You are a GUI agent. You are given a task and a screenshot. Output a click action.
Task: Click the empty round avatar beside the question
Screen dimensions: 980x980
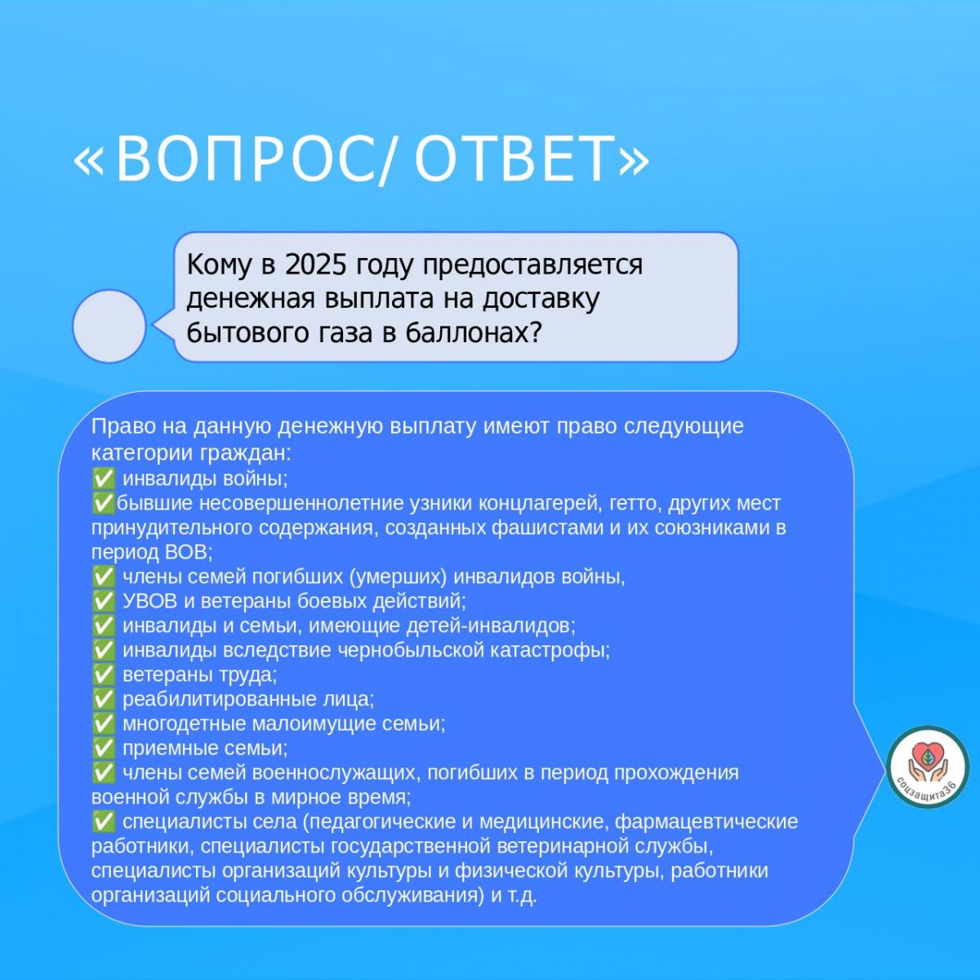[x=109, y=326]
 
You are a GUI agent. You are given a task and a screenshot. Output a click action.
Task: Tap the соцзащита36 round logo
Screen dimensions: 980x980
[x=928, y=767]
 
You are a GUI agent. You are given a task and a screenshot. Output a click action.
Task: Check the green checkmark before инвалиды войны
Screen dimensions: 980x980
[x=103, y=479]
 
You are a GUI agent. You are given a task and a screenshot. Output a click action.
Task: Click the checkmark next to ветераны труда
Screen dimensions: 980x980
[x=103, y=675]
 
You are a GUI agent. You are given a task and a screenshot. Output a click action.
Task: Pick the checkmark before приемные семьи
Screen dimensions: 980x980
[x=103, y=748]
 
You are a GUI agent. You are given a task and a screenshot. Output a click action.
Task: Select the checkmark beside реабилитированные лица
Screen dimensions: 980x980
[x=103, y=699]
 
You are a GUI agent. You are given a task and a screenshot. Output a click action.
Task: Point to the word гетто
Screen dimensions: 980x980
[x=635, y=504]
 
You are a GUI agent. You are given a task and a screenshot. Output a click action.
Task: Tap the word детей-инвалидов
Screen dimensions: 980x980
[x=490, y=626]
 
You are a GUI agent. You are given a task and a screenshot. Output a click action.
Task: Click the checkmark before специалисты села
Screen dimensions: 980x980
[x=103, y=822]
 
